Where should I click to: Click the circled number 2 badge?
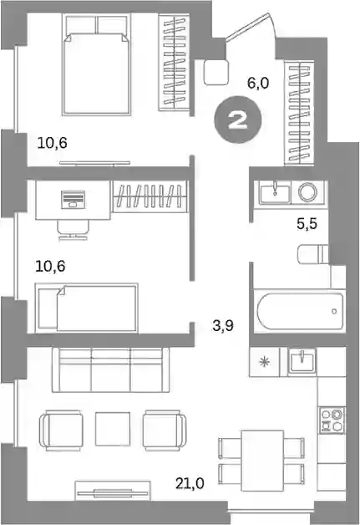(238, 120)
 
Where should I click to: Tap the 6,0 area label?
(258, 83)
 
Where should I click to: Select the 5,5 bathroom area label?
(307, 224)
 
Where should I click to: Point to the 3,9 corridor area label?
(223, 325)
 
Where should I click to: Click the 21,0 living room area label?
(190, 483)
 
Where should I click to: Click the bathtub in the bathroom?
(300, 311)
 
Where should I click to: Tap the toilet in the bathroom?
(313, 254)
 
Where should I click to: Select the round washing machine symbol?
(308, 192)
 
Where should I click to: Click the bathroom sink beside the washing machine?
(275, 193)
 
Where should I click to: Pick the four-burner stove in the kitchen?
(332, 420)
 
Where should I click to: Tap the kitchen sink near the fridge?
(302, 361)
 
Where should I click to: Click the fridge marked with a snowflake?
(264, 362)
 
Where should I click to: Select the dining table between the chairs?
(262, 461)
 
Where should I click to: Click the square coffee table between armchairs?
(113, 429)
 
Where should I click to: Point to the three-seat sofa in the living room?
(110, 370)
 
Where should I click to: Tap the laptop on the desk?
(73, 200)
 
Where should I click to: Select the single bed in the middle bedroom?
(87, 308)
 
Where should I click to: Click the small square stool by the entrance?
(216, 72)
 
